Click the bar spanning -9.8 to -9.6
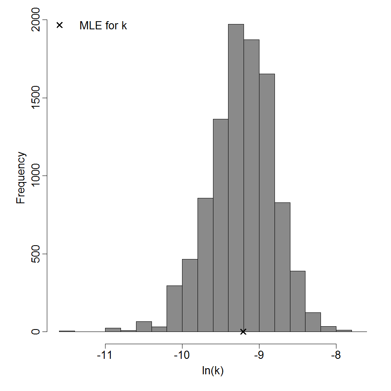pyautogui.click(x=205, y=265)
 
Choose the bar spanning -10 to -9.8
pyautogui.click(x=190, y=295)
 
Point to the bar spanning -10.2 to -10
pyautogui.click(x=174, y=308)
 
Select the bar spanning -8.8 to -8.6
pyautogui.click(x=282, y=267)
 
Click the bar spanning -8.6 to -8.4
pyautogui.click(x=298, y=301)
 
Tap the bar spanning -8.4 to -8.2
pyautogui.click(x=313, y=322)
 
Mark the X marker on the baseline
pyautogui.click(x=243, y=332)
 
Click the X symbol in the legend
pyautogui.click(x=59, y=25)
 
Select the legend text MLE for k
pyautogui.click(x=103, y=26)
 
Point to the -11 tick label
pyautogui.click(x=105, y=356)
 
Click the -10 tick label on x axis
pyautogui.click(x=182, y=356)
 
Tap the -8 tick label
pyautogui.click(x=336, y=356)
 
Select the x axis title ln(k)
pyautogui.click(x=213, y=371)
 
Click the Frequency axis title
pyautogui.click(x=21, y=178)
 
